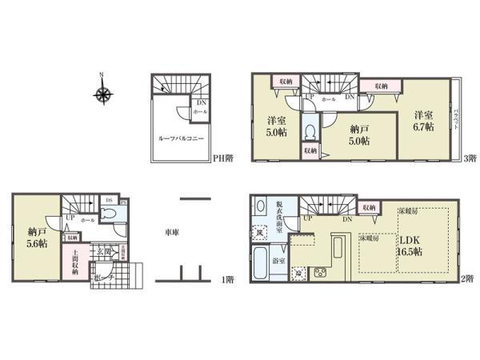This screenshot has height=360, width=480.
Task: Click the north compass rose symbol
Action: point(102,94)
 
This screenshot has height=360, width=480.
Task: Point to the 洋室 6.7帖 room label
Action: point(423,121)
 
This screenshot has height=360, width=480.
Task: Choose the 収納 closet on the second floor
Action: point(368,207)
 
